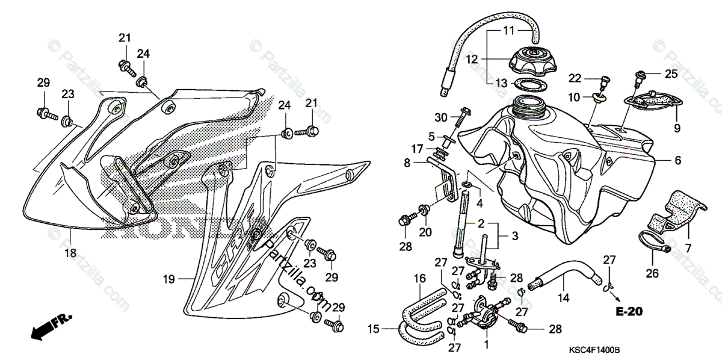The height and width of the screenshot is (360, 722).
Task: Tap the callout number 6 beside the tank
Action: click(677, 161)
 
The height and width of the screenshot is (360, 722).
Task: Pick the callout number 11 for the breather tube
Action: click(509, 30)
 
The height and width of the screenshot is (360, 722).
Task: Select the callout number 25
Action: click(671, 74)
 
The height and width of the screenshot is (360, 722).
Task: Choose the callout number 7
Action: click(687, 247)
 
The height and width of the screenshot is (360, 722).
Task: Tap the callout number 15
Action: click(374, 329)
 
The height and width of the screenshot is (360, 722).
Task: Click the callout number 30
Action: click(442, 117)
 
